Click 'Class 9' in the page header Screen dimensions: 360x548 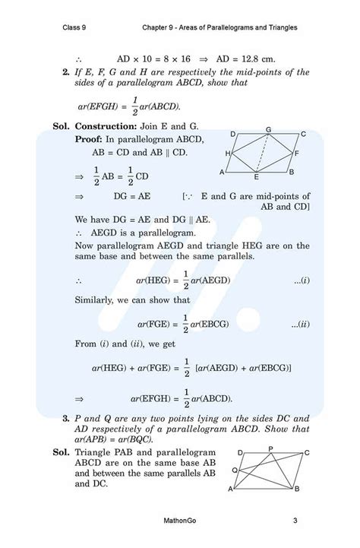(75, 28)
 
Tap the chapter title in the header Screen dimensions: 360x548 (219, 28)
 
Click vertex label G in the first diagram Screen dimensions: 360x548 (267, 129)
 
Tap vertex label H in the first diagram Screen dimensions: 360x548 (228, 154)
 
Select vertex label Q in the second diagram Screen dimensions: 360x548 (235, 470)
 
